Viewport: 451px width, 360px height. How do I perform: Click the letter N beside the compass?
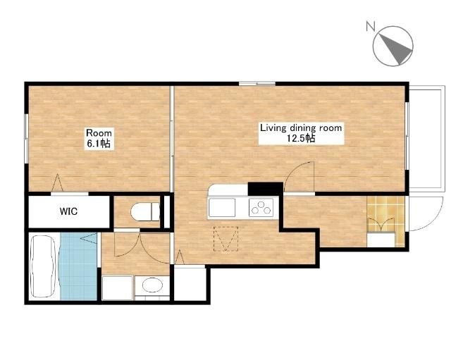371,26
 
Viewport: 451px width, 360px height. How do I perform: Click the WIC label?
68,211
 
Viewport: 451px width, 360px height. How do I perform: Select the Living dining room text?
301,128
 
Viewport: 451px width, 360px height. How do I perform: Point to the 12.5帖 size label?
301,138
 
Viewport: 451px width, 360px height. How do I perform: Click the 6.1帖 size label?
99,143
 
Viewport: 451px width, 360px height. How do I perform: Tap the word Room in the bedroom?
99,133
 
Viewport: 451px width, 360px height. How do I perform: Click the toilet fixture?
145,211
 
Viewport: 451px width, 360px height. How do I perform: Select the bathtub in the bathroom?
44,266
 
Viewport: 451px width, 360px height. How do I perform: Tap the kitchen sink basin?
222,207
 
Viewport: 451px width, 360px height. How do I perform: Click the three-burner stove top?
261,207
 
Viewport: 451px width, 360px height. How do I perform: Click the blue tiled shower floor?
78,266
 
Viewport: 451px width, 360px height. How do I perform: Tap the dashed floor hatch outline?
226,239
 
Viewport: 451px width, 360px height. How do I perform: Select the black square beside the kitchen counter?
265,189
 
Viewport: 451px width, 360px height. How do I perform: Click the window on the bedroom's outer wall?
26,139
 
